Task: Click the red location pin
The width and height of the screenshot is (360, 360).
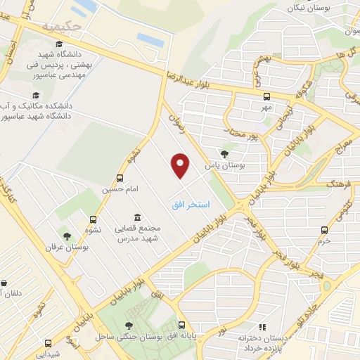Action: [x=181, y=166]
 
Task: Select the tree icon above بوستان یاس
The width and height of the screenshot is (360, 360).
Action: [x=224, y=154]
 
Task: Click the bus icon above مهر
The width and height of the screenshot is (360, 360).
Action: [x=266, y=97]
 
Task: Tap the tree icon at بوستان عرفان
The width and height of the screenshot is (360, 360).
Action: [x=67, y=236]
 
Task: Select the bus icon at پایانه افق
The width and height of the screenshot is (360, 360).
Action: [x=182, y=326]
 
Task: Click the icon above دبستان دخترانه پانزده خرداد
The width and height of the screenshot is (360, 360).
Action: [x=263, y=327]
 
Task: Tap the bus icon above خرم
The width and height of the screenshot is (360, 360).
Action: [x=324, y=229]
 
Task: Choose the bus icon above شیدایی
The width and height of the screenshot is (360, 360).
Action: [x=48, y=344]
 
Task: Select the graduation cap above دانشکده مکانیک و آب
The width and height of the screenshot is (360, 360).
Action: [x=33, y=94]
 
